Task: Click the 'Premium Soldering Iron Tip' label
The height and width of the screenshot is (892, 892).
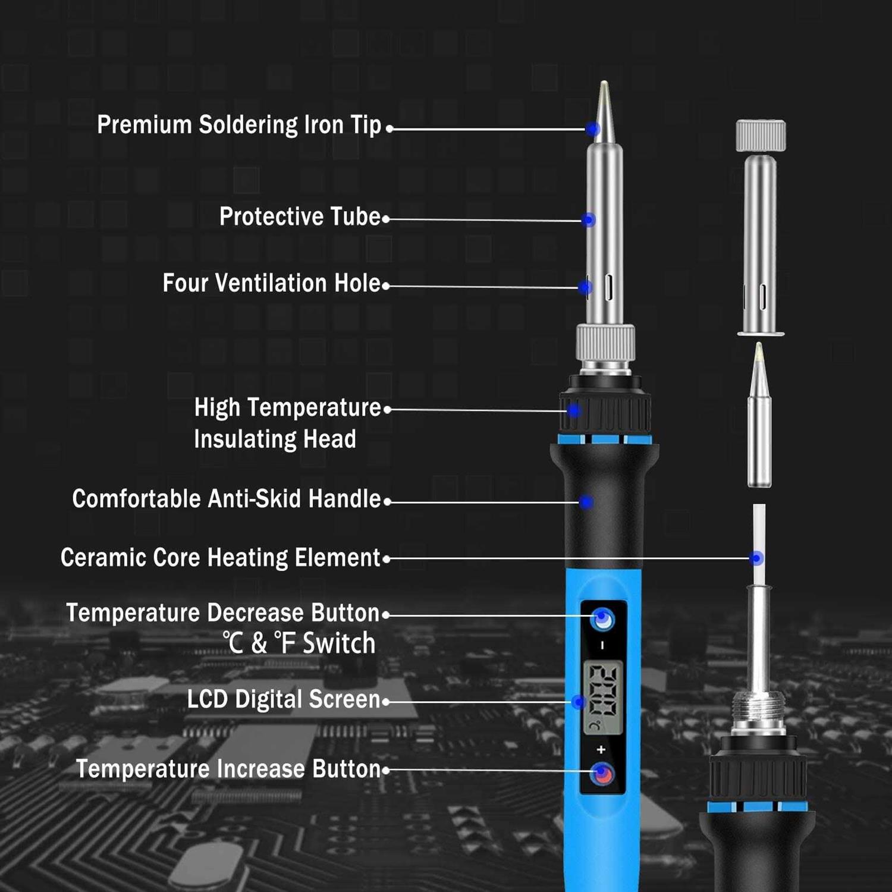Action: tap(239, 125)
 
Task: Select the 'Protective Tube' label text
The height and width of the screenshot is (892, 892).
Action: tap(300, 216)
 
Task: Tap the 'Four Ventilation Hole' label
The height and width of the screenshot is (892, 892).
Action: tap(271, 283)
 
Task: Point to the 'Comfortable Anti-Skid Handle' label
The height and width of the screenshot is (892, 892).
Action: tap(226, 499)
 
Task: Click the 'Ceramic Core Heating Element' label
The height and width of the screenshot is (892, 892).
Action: tap(220, 558)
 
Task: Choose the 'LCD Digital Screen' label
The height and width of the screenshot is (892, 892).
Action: tap(283, 699)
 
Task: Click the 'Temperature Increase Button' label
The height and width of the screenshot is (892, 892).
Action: tap(228, 769)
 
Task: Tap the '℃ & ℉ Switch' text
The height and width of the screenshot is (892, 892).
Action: tap(299, 643)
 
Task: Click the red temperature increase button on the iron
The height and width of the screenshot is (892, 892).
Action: tap(602, 774)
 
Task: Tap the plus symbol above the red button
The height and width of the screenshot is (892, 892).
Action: tap(601, 749)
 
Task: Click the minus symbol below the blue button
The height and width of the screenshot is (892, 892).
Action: tap(602, 645)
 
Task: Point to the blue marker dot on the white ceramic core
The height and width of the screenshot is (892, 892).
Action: tap(756, 558)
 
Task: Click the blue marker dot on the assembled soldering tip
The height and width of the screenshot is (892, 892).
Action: tap(592, 129)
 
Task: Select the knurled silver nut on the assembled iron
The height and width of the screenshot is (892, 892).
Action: tap(605, 343)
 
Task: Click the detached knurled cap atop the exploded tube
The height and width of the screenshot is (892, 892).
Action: tap(761, 136)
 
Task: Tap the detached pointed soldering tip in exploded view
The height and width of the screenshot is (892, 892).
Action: tap(759, 416)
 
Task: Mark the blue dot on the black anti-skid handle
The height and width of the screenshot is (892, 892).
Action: tap(586, 502)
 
